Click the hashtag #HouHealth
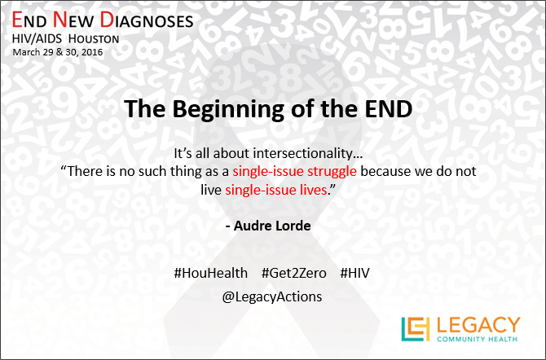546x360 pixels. [211, 273]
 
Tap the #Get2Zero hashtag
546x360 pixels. [294, 273]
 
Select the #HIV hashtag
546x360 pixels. [354, 273]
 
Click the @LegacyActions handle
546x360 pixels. [272, 296]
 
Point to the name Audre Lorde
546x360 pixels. [272, 226]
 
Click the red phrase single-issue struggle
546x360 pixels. [294, 171]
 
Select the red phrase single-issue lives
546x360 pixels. [276, 190]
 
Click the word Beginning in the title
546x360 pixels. [228, 110]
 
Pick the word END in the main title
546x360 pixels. [389, 109]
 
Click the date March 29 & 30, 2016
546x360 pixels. [58, 52]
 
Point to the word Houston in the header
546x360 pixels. [94, 38]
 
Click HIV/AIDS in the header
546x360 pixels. [37, 38]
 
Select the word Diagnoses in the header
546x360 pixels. [147, 20]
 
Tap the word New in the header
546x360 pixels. [73, 20]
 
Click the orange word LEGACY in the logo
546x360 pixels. [478, 325]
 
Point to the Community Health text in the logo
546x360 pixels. [477, 339]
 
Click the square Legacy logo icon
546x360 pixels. [416, 329]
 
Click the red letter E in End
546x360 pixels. [17, 20]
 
